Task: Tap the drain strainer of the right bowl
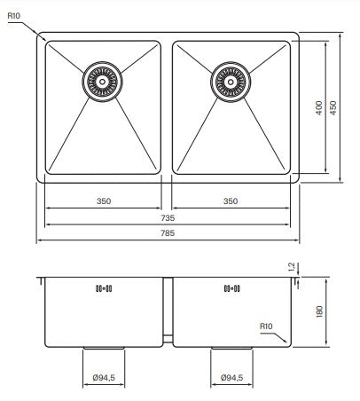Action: coord(231,82)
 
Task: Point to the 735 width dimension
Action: coord(168,218)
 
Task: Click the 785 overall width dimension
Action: coord(168,234)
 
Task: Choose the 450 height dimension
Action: coord(333,108)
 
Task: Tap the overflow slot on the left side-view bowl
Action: coord(103,288)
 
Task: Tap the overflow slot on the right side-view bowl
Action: coord(231,288)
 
